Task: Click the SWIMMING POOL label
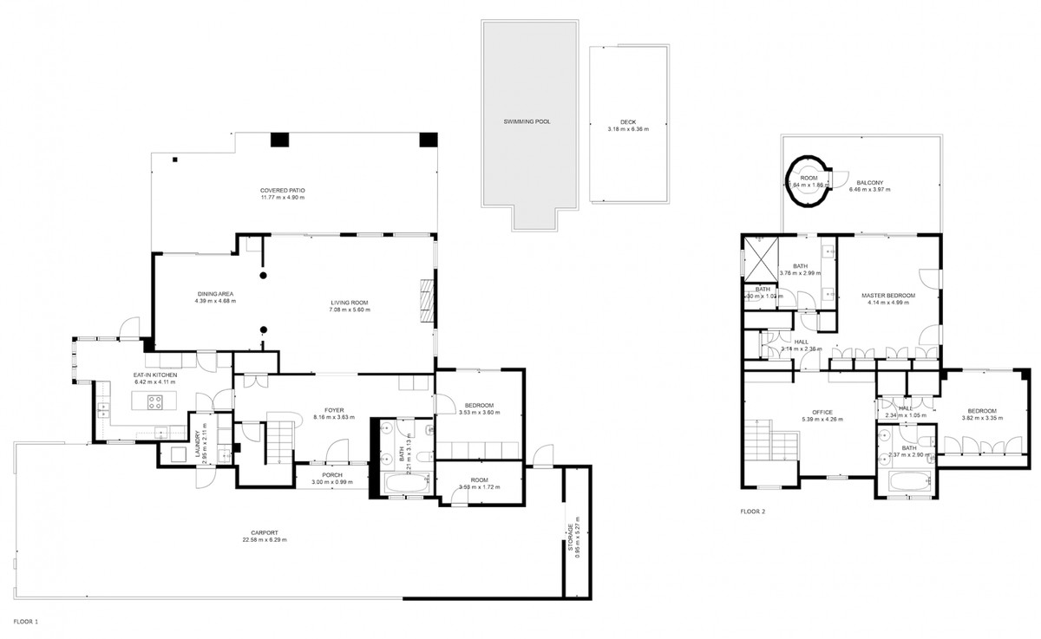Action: coord(527,122)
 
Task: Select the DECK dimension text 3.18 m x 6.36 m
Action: coord(627,129)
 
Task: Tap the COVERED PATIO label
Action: coord(282,190)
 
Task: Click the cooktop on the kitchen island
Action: coord(154,401)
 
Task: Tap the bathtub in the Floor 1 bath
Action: coord(405,486)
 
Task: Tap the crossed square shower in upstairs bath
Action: coord(762,258)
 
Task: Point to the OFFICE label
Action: coord(822,412)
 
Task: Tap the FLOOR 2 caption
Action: coord(752,512)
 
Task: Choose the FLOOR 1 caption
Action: coord(25,622)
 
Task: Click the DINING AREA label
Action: coord(216,295)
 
